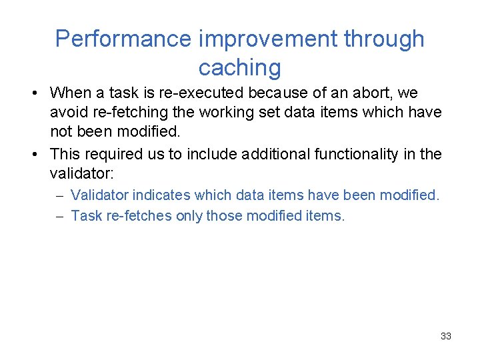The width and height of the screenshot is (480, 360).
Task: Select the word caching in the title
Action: (239, 67)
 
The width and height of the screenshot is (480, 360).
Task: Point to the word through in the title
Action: (383, 39)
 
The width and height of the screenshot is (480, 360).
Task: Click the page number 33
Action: (446, 336)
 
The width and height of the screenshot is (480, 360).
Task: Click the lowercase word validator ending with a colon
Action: (82, 174)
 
